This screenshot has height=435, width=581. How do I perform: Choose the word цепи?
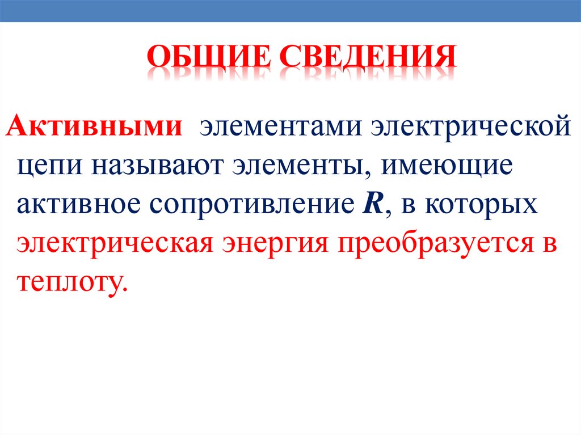(48, 166)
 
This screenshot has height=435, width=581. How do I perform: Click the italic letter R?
(370, 203)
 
